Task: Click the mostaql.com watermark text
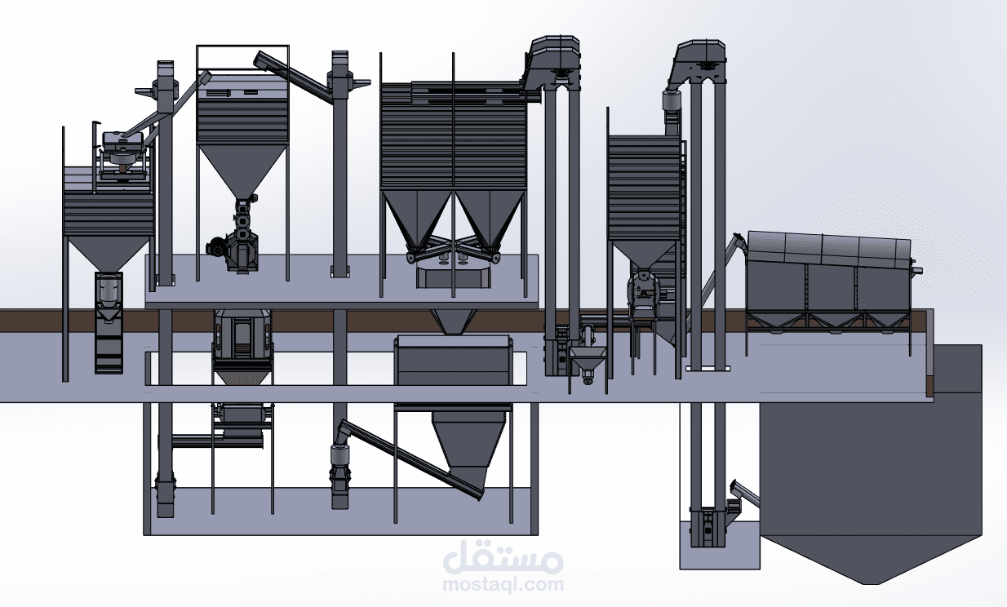tap(503, 584)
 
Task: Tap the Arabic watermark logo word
tap(503, 559)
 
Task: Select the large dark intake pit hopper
tap(871, 465)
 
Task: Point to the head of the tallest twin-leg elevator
tap(554, 59)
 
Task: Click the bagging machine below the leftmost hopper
tap(109, 322)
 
